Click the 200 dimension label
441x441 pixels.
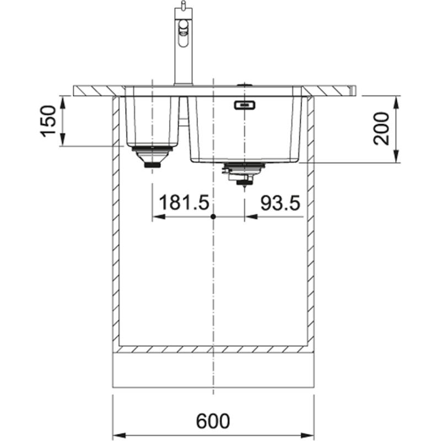coord(381,128)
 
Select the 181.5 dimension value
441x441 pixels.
coord(184,203)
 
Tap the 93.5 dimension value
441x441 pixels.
coord(279,203)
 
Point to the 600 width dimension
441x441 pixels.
coord(213,422)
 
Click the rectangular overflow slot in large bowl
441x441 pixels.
coord(244,105)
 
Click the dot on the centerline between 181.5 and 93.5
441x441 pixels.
coord(213,217)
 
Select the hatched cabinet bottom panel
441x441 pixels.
coord(213,349)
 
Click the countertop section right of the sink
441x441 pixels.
coord(331,90)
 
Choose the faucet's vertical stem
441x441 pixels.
coord(179,61)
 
